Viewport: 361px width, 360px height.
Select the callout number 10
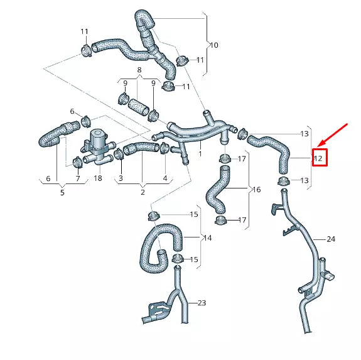tap(213, 45)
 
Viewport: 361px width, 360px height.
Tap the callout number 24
tap(331, 239)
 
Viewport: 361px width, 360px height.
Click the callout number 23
tap(202, 303)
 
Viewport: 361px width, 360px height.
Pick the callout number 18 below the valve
tap(97, 179)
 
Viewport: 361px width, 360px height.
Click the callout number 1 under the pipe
tap(200, 153)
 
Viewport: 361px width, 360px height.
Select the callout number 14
tap(207, 238)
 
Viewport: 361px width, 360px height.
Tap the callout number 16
tap(256, 189)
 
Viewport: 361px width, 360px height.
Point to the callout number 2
tap(143, 192)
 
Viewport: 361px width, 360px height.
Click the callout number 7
tap(78, 179)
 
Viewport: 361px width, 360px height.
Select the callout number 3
tap(121, 179)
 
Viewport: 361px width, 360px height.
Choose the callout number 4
tap(166, 179)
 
